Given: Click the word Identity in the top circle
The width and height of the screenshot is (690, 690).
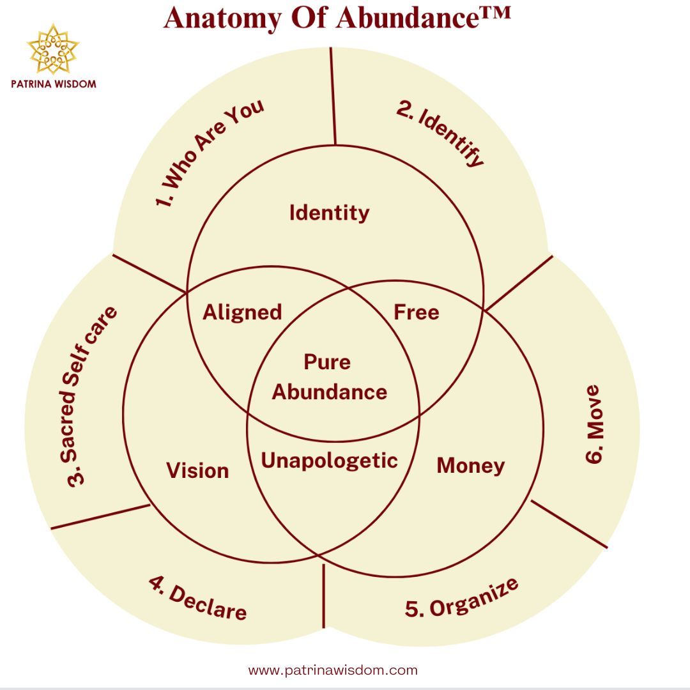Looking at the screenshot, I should pos(329,213).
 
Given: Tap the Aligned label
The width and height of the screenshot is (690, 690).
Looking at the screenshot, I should pos(242,312).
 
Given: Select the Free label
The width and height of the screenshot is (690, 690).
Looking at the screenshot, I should pos(416,312).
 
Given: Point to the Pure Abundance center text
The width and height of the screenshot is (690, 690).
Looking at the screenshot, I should pos(329,377).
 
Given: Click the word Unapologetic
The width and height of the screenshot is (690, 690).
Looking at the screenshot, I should pos(329,461).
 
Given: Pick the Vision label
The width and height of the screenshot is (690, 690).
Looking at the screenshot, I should pos(197,470).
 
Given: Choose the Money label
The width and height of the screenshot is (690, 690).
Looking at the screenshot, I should pos(470,466).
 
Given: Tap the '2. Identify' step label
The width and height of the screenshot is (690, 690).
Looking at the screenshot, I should pos(440,133).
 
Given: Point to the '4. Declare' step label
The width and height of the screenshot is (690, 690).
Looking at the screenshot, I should pos(197,598).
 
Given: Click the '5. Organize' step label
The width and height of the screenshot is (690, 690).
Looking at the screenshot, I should pos(461,598).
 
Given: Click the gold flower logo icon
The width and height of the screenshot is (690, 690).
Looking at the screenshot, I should pos(53,49).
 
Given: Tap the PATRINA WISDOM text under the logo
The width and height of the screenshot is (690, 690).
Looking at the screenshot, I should pos(54,84).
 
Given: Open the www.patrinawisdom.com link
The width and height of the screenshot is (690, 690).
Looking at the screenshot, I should pos(333,670).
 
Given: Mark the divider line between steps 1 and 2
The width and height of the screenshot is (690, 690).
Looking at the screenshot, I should pos(333,96).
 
